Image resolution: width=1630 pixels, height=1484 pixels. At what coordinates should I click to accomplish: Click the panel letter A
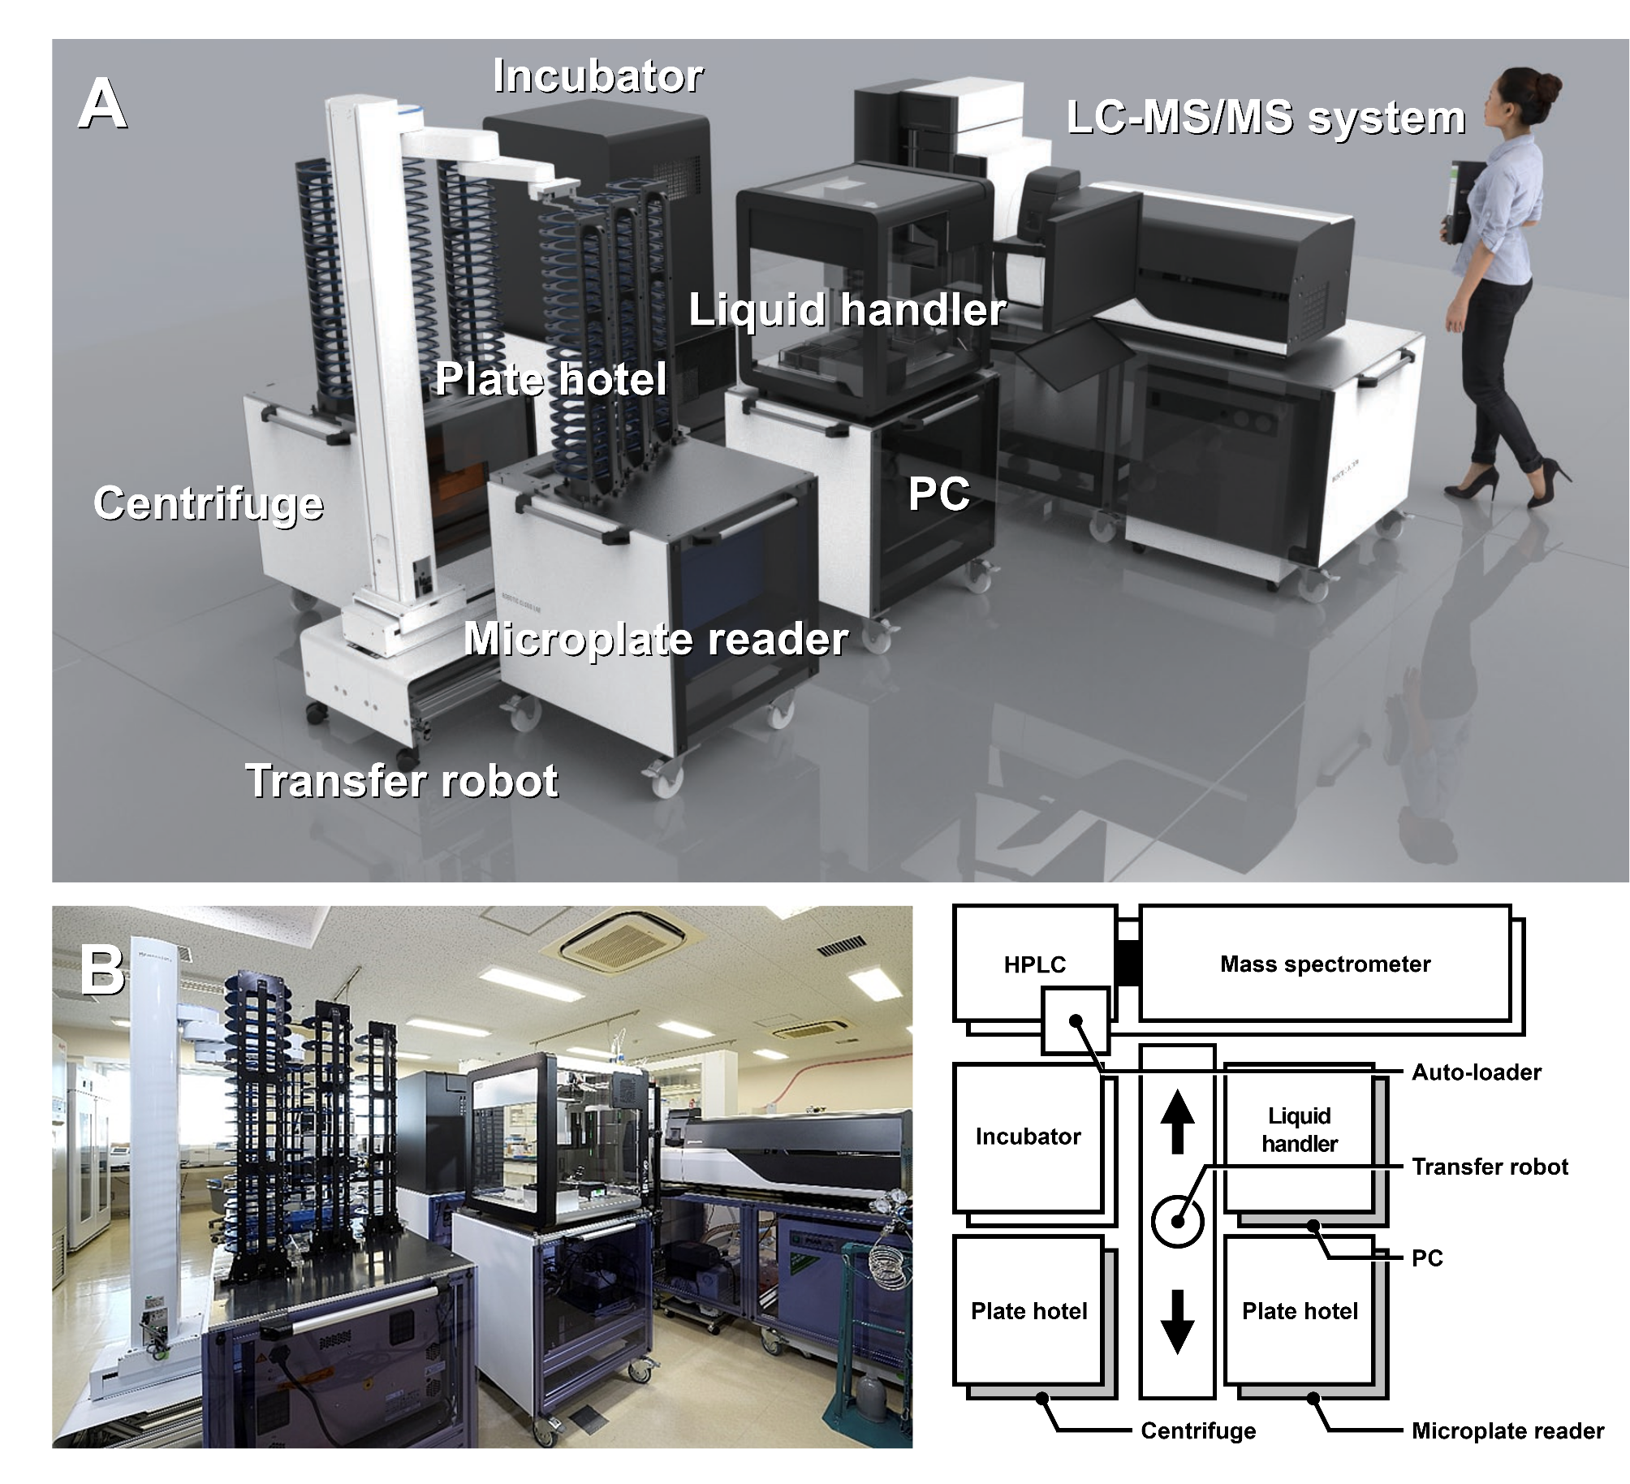click(102, 105)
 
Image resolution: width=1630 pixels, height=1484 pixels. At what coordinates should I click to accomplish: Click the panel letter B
click(101, 969)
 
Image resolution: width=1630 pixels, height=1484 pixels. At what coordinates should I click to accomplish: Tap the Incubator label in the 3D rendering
click(597, 76)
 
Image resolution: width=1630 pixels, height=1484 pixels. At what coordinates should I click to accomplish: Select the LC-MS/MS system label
click(1266, 118)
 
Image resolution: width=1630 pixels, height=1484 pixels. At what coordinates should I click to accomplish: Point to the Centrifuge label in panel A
click(209, 503)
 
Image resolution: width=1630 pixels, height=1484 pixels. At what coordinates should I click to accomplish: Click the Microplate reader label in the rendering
click(656, 639)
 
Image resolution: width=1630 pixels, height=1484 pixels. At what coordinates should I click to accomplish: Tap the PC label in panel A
click(938, 494)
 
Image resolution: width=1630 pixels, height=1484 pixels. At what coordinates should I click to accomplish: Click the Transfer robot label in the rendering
click(401, 780)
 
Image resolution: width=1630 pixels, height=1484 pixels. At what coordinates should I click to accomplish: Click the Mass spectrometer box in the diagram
click(1325, 964)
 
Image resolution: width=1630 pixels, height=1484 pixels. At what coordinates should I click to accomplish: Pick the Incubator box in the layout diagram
click(1028, 1137)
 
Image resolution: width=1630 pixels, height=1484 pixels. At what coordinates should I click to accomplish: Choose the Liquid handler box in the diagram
click(1299, 1129)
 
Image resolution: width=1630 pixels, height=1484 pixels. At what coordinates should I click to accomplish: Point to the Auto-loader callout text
click(1476, 1072)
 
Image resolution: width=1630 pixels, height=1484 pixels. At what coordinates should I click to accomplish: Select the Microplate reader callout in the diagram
click(1507, 1430)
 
